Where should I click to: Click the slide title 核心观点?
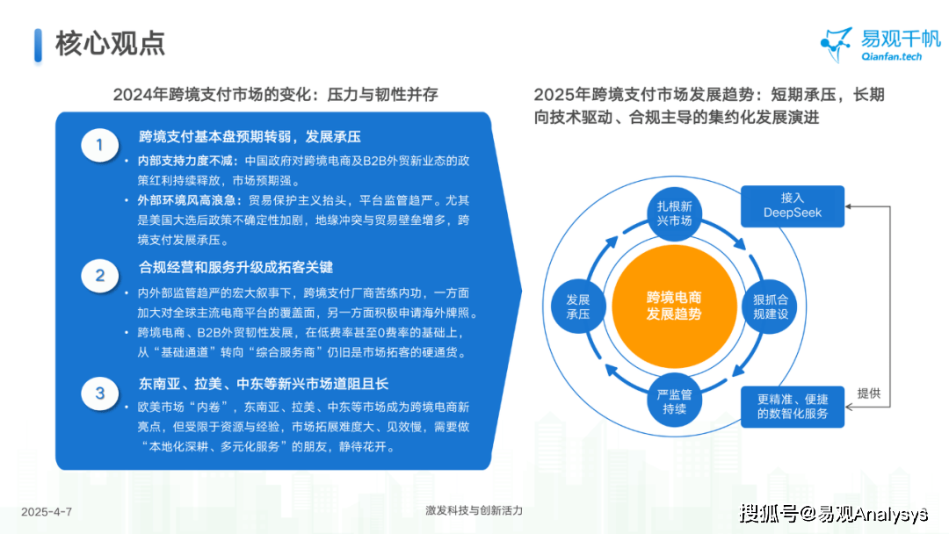click(x=110, y=44)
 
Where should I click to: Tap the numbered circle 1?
click(x=100, y=145)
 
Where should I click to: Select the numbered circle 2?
click(x=100, y=276)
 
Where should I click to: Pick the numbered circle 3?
click(x=100, y=393)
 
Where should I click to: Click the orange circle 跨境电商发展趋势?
click(x=674, y=306)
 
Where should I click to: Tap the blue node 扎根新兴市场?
click(x=674, y=213)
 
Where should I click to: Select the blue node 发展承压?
click(x=578, y=307)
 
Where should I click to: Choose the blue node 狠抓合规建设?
click(x=770, y=307)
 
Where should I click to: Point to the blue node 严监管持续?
click(x=674, y=401)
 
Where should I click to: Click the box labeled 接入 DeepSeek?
click(x=793, y=206)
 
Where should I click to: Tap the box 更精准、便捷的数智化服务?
click(x=793, y=407)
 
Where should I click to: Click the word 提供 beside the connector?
click(x=868, y=393)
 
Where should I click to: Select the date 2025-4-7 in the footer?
click(x=47, y=512)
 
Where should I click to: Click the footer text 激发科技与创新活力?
click(x=474, y=510)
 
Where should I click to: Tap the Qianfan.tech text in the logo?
click(x=892, y=56)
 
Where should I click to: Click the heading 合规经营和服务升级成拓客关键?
click(x=236, y=267)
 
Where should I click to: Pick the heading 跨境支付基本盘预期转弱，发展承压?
click(x=250, y=137)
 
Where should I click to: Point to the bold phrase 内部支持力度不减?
click(x=185, y=161)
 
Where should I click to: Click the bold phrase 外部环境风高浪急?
click(x=185, y=200)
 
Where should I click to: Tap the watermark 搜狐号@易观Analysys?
click(x=833, y=514)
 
